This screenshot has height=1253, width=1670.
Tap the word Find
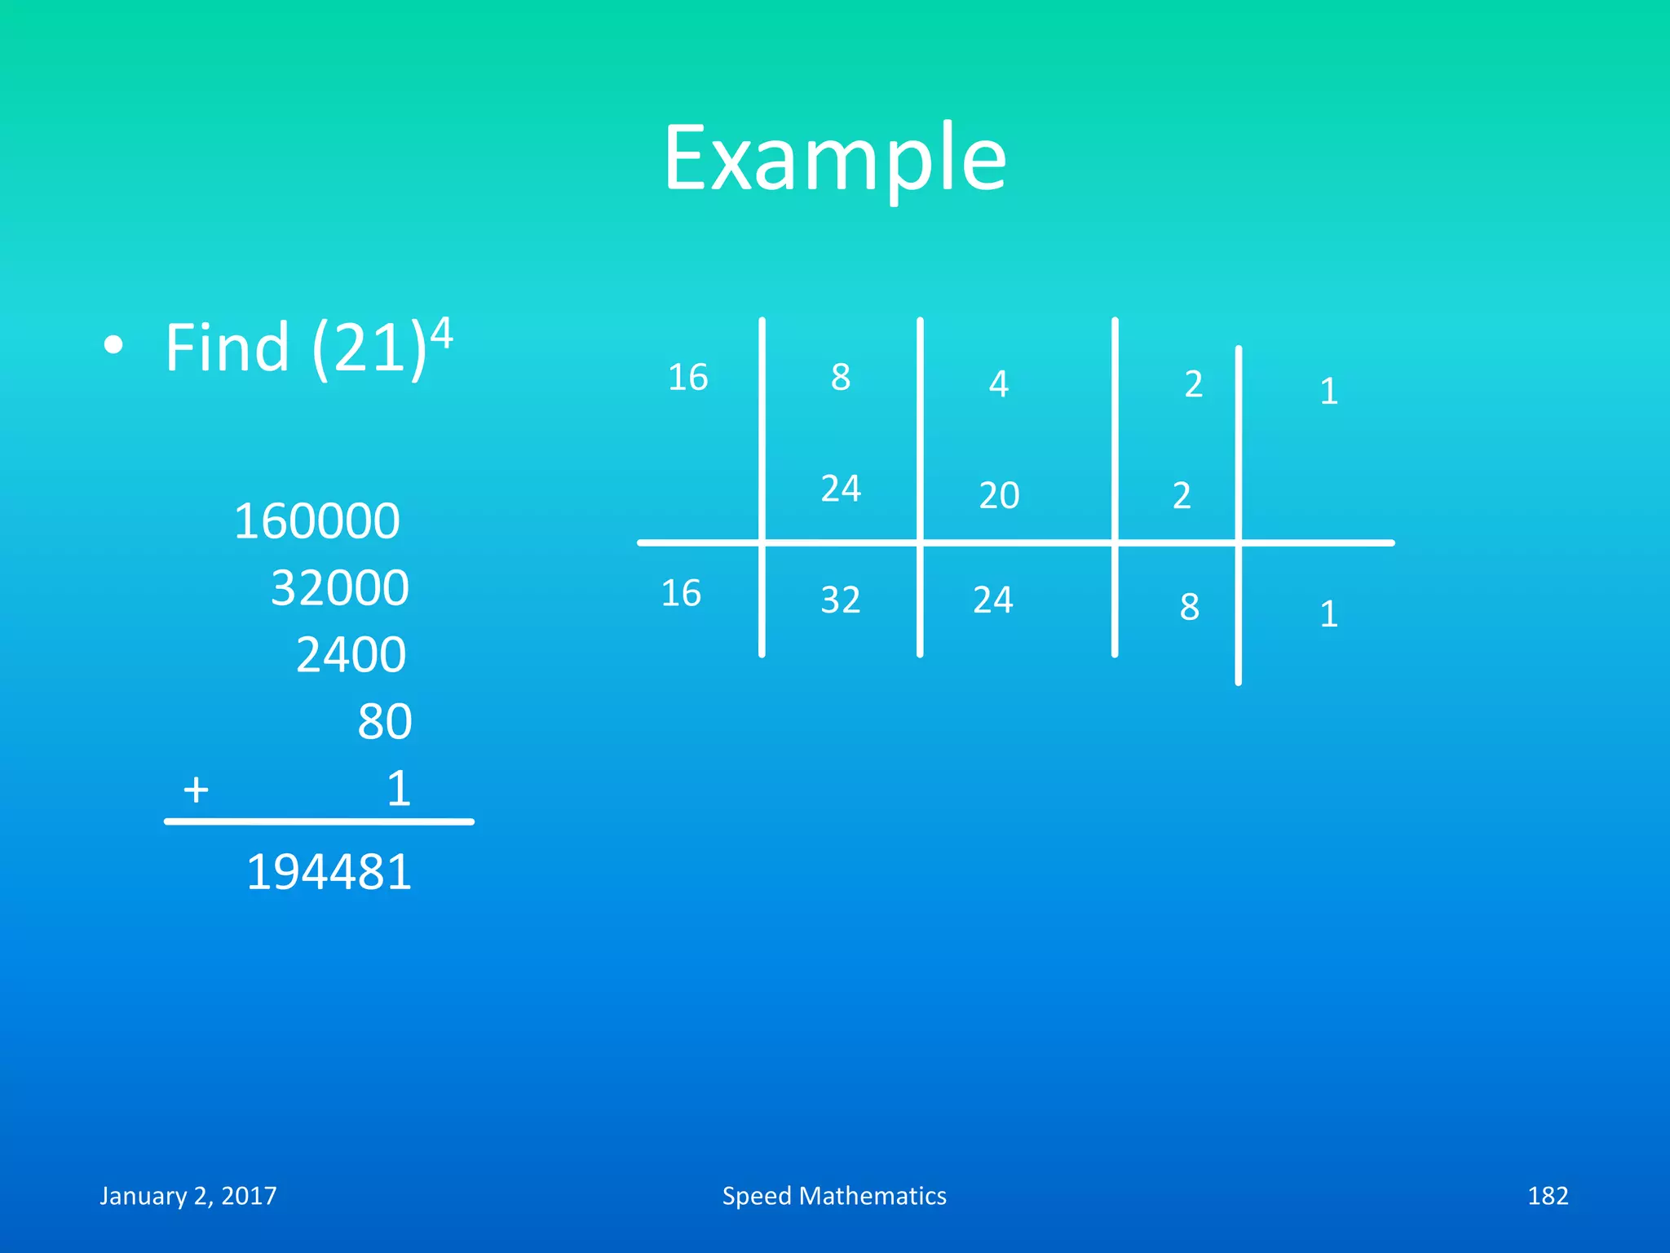click(227, 348)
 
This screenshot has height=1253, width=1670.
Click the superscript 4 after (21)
click(441, 333)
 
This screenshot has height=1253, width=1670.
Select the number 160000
click(316, 521)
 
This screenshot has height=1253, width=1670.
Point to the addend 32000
click(339, 588)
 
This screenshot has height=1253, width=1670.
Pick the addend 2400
click(351, 655)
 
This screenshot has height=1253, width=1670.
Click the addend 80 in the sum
click(384, 722)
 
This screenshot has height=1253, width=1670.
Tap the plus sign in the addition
click(196, 790)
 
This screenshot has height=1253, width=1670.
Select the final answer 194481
click(329, 872)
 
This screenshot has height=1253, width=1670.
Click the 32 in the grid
click(840, 600)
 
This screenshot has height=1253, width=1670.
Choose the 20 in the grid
click(999, 495)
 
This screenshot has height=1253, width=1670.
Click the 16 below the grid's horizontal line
click(680, 593)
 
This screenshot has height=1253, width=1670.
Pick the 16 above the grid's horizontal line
click(687, 378)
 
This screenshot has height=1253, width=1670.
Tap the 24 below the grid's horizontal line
click(992, 600)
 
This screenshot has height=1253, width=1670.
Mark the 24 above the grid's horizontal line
click(840, 489)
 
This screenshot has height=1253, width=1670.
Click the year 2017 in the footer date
click(249, 1196)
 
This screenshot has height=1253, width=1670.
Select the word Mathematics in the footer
click(873, 1196)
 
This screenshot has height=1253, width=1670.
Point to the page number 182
click(1547, 1196)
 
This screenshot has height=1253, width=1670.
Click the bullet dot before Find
click(114, 346)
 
